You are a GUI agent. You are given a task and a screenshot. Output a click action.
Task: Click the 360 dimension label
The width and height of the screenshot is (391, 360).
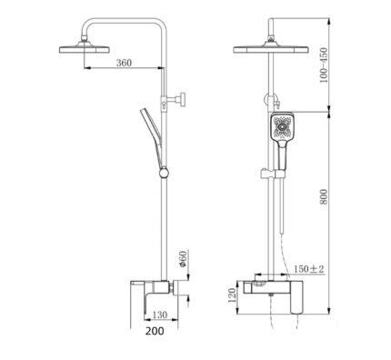click(124, 63)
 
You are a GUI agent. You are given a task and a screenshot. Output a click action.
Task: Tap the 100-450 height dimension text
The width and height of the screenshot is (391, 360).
click(324, 65)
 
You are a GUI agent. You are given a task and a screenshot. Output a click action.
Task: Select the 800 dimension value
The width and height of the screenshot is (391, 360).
click(324, 196)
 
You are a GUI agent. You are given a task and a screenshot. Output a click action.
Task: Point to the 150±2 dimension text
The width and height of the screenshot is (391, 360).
click(309, 269)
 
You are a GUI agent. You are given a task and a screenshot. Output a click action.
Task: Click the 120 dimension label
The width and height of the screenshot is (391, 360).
click(232, 295)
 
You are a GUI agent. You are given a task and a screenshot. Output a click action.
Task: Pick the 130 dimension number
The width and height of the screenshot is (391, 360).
click(160, 315)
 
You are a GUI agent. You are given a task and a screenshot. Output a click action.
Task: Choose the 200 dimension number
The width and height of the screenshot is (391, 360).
click(155, 331)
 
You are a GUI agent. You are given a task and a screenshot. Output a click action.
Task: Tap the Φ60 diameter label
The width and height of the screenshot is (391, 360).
click(182, 259)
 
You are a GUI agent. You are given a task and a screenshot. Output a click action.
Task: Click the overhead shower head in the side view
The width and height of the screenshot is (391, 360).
click(84, 48)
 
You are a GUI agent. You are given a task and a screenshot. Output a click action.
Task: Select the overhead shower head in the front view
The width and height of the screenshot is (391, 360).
click(271, 48)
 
